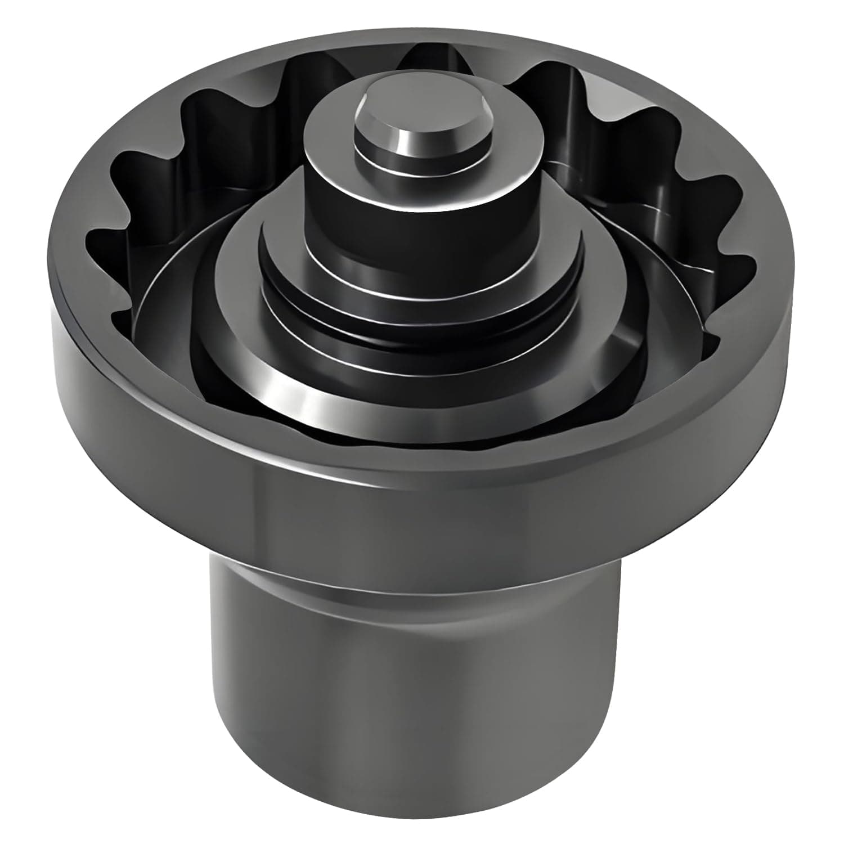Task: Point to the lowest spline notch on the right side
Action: point(712,332)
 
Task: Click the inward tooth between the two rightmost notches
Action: point(703,228)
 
